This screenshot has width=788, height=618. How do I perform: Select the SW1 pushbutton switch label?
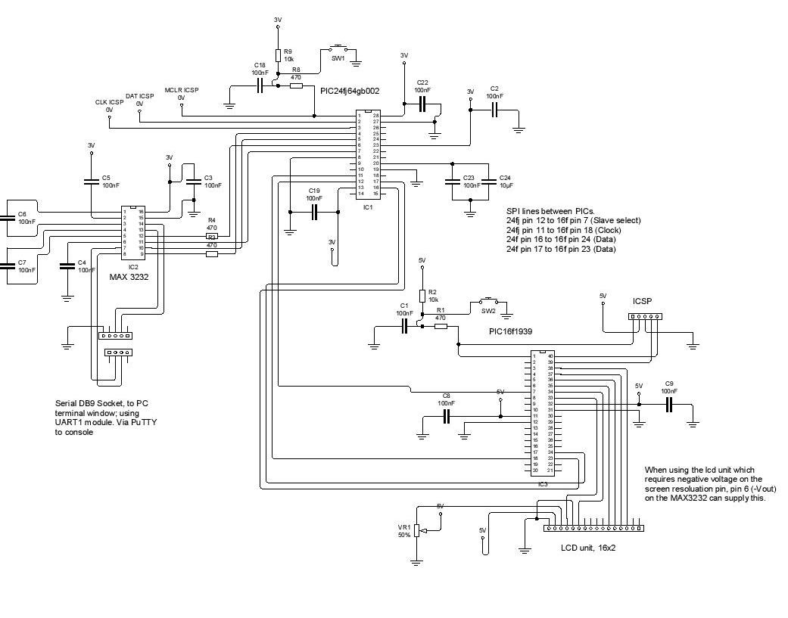click(x=338, y=57)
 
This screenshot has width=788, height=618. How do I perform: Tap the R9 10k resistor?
click(x=279, y=55)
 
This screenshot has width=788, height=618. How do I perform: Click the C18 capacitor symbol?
click(x=260, y=86)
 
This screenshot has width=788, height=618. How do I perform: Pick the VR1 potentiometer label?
click(x=404, y=526)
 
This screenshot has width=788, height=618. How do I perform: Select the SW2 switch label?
click(x=488, y=311)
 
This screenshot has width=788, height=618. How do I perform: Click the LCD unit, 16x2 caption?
click(x=588, y=547)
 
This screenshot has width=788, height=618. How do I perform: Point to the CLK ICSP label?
click(x=109, y=102)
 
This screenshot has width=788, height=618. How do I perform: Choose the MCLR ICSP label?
click(x=181, y=90)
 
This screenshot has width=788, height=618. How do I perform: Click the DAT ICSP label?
click(x=139, y=96)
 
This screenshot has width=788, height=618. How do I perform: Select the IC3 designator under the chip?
click(x=542, y=484)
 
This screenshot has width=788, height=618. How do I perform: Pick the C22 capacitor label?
click(x=422, y=82)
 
